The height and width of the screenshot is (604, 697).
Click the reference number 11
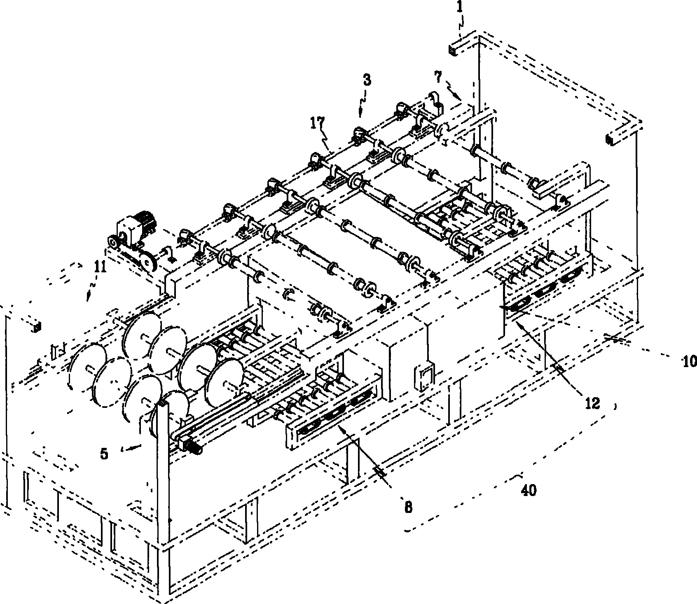click(100, 268)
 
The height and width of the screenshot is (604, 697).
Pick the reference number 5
click(104, 454)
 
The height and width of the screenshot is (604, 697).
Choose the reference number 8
click(408, 508)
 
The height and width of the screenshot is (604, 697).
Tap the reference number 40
click(529, 491)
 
